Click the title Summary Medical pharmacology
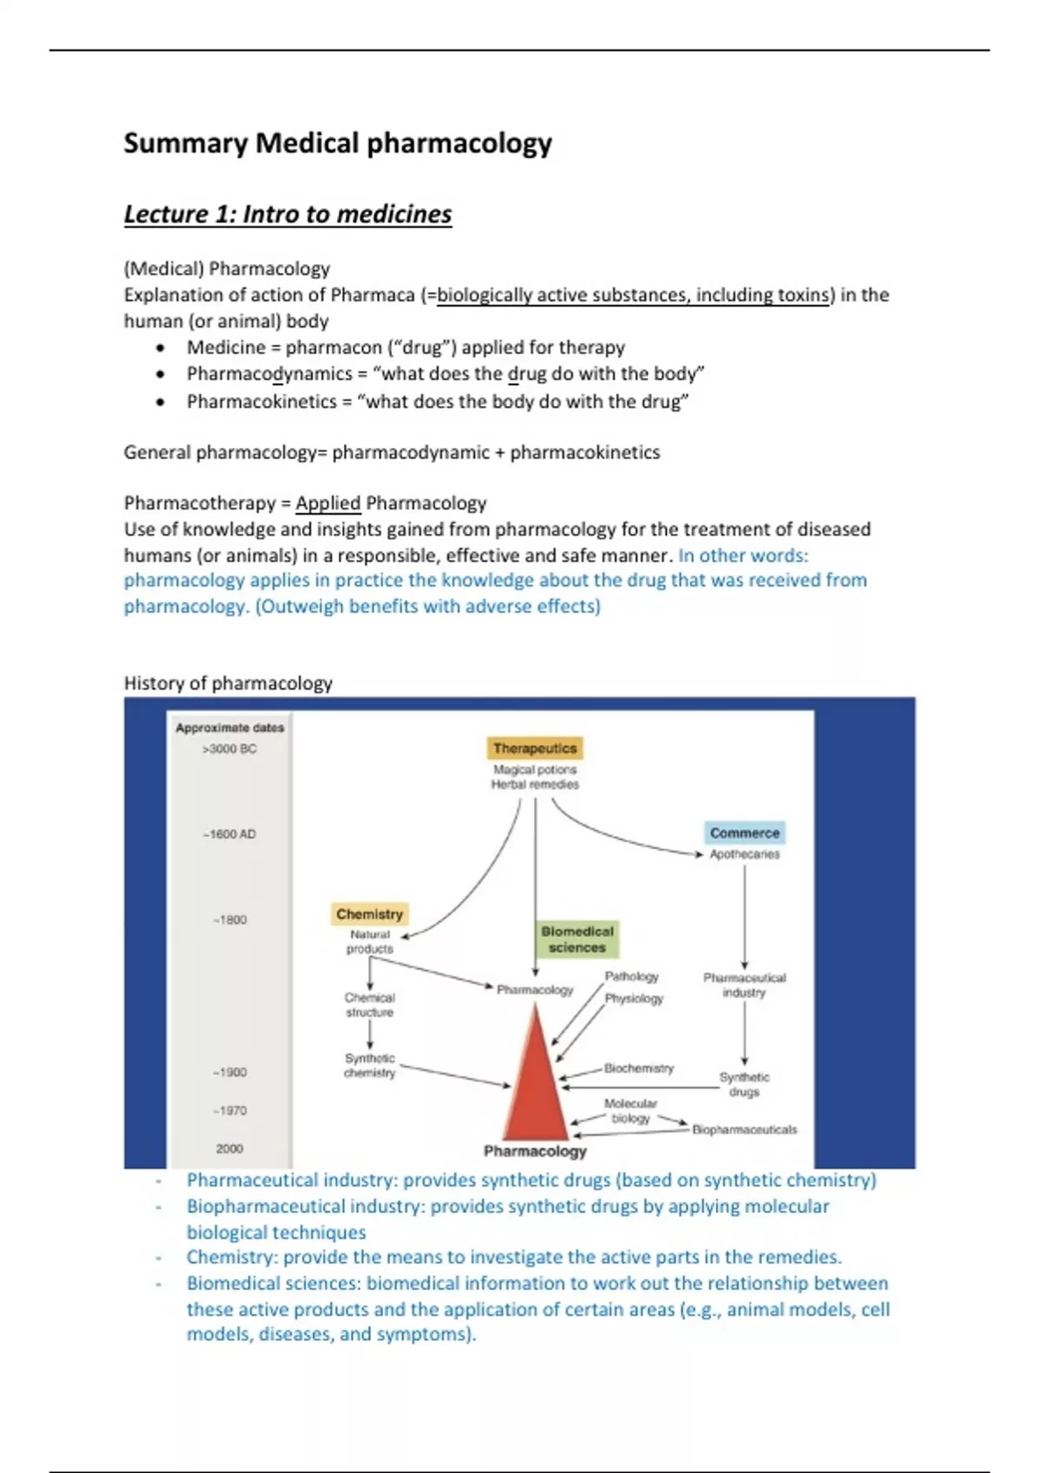[337, 143]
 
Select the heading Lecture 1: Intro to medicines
[288, 214]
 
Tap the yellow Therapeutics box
[535, 748]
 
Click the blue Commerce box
[744, 833]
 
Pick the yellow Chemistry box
[369, 914]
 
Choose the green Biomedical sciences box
[577, 939]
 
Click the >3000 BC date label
[230, 749]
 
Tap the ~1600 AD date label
[230, 834]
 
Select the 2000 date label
[230, 1149]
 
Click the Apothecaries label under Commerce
[744, 854]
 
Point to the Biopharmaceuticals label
[744, 1130]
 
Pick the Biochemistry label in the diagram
[639, 1068]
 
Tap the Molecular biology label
[630, 1111]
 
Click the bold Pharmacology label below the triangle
[535, 1152]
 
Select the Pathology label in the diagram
[632, 977]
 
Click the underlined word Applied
[328, 503]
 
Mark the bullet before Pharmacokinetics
[160, 402]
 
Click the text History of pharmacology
[228, 684]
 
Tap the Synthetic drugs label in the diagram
[744, 1085]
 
